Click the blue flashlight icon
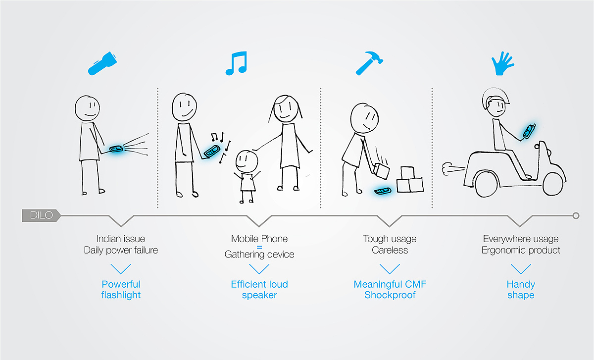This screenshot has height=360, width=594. (102, 64)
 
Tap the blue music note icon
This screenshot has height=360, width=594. (237, 63)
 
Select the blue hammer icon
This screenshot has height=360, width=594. (369, 63)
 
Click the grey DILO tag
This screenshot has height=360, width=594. (41, 215)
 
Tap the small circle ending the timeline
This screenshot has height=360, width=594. (576, 216)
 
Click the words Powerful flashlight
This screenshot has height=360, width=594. (121, 290)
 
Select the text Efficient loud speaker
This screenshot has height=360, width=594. (259, 290)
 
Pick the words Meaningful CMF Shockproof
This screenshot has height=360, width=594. (390, 290)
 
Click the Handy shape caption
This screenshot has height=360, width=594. (521, 290)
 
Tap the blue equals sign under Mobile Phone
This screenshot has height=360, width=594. (259, 247)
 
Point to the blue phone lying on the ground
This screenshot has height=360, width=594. (383, 191)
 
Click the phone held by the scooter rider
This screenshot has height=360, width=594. (529, 131)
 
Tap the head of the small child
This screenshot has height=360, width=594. (247, 161)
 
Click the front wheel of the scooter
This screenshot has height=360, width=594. (553, 184)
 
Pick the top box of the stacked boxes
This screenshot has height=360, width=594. (407, 173)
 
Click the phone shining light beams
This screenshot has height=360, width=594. (116, 149)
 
